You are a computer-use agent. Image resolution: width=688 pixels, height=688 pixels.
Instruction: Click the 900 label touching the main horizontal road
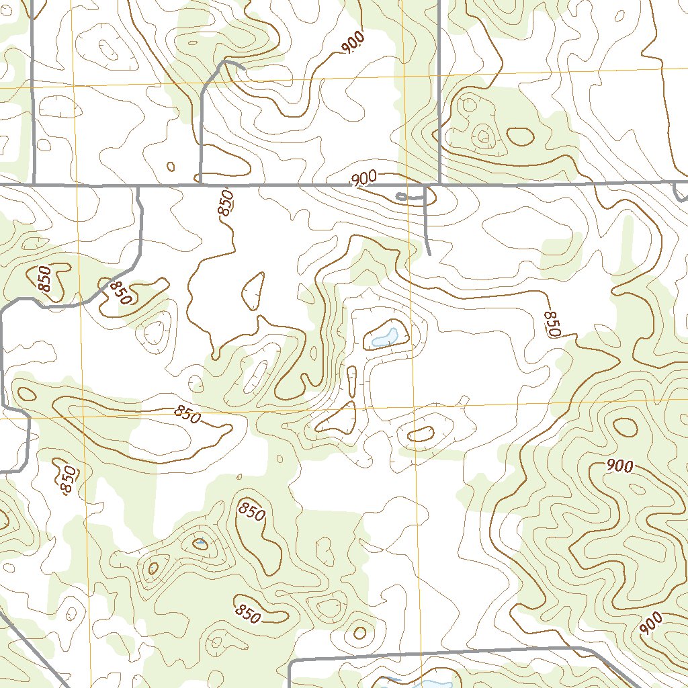click(363, 179)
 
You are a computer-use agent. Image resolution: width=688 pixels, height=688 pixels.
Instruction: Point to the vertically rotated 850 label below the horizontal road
click(226, 202)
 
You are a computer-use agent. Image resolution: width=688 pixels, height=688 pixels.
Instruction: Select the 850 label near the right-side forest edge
click(552, 324)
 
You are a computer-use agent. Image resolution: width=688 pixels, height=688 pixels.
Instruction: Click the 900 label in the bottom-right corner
click(650, 623)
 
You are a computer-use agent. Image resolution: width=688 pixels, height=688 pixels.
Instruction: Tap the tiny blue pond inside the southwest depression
click(200, 542)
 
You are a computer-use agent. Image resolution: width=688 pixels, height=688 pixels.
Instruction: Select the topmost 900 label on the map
click(353, 42)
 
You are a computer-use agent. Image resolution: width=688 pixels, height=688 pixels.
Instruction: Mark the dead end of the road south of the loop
click(429, 255)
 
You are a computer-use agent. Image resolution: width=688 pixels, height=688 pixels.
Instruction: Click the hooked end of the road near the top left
click(241, 67)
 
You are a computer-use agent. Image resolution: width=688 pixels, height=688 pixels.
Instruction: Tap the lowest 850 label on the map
click(247, 613)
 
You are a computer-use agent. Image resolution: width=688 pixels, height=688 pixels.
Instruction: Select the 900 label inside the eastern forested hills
click(619, 466)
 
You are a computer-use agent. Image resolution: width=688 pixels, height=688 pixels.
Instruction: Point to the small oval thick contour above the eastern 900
click(626, 427)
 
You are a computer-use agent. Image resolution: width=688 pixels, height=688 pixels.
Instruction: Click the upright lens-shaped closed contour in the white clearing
click(253, 291)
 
